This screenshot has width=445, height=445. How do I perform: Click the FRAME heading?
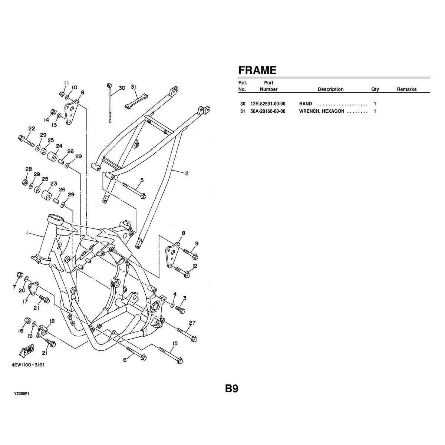(x=257, y=70)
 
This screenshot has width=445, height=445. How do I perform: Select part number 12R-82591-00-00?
(x=268, y=104)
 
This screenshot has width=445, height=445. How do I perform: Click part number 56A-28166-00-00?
(x=268, y=111)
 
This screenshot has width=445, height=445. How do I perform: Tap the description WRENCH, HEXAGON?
(x=322, y=111)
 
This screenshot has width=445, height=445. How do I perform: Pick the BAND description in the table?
(x=306, y=104)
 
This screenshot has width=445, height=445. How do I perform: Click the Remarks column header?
(x=407, y=89)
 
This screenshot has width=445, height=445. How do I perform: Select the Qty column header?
(x=375, y=89)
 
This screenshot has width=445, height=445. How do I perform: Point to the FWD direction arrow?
(x=26, y=352)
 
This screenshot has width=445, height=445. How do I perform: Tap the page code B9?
(x=232, y=389)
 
